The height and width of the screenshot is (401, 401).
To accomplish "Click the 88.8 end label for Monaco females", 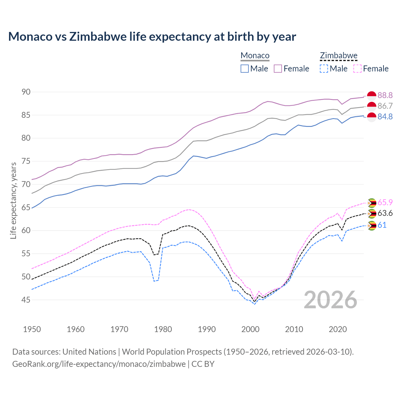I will click(385, 95).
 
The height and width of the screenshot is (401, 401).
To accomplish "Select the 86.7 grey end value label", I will click(385, 106).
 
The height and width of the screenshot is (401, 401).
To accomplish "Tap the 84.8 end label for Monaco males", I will click(385, 117).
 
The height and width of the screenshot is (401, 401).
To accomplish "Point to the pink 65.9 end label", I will click(385, 202).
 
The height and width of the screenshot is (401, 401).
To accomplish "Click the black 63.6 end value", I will click(385, 213).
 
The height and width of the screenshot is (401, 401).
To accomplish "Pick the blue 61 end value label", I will click(382, 225).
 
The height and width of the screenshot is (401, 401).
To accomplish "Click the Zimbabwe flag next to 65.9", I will click(372, 203).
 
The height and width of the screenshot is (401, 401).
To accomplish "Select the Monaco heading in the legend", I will click(255, 55).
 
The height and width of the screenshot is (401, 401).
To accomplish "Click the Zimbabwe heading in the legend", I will click(339, 55).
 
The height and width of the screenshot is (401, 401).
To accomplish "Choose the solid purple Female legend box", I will click(278, 69).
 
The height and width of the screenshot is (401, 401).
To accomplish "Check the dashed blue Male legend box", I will click(324, 69).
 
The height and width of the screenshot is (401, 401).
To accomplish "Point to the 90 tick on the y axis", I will click(26, 92).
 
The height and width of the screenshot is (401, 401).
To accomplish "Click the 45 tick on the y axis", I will click(26, 300).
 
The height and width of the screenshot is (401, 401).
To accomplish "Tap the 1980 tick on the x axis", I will click(163, 329).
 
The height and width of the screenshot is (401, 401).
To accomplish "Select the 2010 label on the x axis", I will click(294, 329).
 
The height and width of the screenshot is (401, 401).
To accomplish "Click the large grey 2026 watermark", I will click(331, 300).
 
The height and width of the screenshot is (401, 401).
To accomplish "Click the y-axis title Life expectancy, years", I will click(13, 200).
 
